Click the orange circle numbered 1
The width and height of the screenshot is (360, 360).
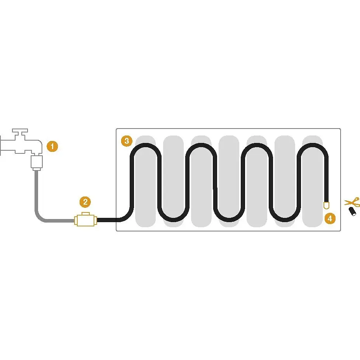pyautogui.click(x=52, y=146)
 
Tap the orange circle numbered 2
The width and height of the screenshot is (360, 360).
pyautogui.click(x=85, y=202)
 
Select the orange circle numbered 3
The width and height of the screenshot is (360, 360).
pyautogui.click(x=127, y=141)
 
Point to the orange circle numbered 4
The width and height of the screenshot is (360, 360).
pyautogui.click(x=330, y=218)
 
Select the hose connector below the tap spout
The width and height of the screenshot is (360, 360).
pyautogui.click(x=37, y=163)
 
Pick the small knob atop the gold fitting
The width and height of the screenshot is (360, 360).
pyautogui.click(x=86, y=214)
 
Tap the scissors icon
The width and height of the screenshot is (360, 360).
pyautogui.click(x=352, y=202)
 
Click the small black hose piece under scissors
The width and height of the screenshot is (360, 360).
pyautogui.click(x=353, y=211)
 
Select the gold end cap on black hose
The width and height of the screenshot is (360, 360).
pyautogui.click(x=326, y=205)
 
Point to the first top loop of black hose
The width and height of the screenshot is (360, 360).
pyautogui.click(x=146, y=144)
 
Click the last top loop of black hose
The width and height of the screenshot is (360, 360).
pyautogui.click(x=313, y=144)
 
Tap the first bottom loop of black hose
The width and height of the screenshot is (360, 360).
pyautogui.click(x=173, y=220)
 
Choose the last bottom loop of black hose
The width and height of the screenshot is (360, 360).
pyautogui.click(x=285, y=220)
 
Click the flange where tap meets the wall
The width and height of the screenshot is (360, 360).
pyautogui.click(x=0, y=146)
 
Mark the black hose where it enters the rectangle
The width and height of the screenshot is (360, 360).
pyautogui.click(x=117, y=220)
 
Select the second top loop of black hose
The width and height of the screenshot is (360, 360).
pyautogui.click(x=201, y=144)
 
